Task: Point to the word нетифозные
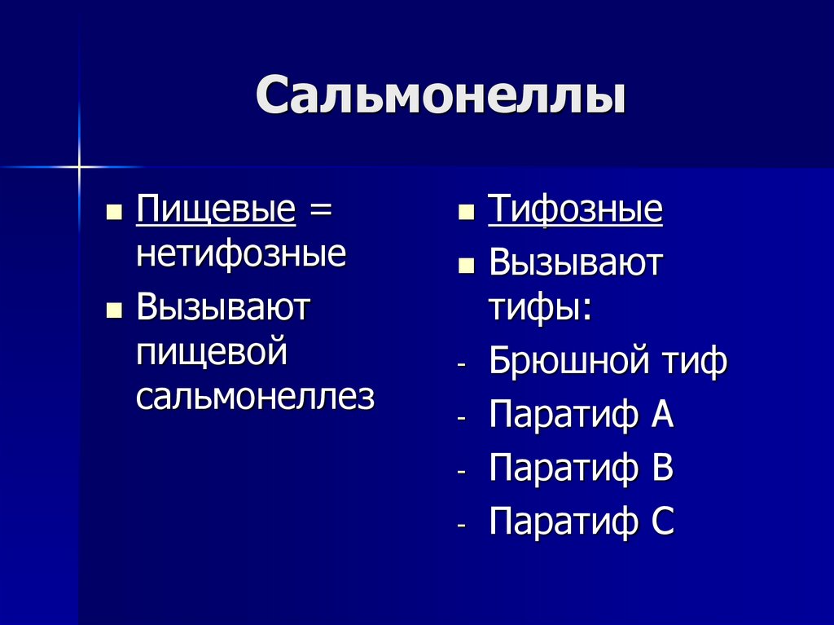pyautogui.click(x=241, y=255)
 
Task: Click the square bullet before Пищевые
pyautogui.click(x=115, y=213)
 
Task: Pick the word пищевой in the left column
pyautogui.click(x=213, y=352)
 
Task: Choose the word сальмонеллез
pyautogui.click(x=255, y=396)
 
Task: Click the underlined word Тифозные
pyautogui.click(x=575, y=210)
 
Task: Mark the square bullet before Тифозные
pyautogui.click(x=467, y=213)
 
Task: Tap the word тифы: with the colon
pyautogui.click(x=540, y=308)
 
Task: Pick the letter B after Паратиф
pyautogui.click(x=662, y=468)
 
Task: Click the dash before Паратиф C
pyautogui.click(x=462, y=526)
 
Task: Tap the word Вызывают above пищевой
pyautogui.click(x=224, y=308)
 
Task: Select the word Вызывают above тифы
pyautogui.click(x=576, y=263)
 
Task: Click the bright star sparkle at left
pyautogui.click(x=79, y=167)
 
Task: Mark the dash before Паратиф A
pyautogui.click(x=462, y=419)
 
